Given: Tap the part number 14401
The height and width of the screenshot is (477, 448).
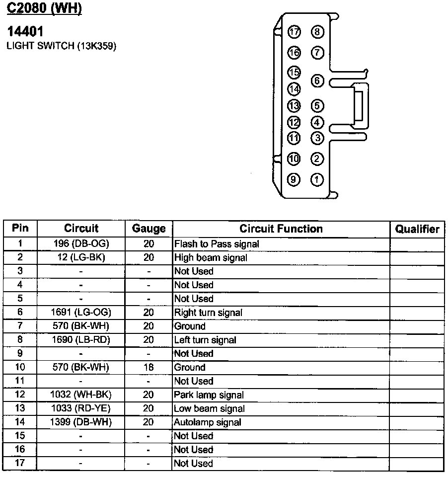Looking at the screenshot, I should [x=25, y=31].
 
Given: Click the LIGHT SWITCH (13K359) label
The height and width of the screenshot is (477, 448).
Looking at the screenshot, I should [x=62, y=46].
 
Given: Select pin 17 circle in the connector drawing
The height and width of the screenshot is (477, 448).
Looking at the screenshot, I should [x=295, y=32].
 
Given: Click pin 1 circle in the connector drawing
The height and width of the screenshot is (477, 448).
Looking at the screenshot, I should [x=317, y=179].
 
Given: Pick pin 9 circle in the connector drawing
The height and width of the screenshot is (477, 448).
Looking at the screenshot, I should [x=295, y=179].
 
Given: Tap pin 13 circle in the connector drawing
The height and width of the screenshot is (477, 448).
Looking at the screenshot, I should [x=295, y=106].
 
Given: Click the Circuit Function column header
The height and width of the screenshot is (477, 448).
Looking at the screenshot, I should [x=281, y=229].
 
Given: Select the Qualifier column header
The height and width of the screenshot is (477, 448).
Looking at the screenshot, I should [x=417, y=229].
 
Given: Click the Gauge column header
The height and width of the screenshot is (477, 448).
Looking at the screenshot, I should [x=149, y=229].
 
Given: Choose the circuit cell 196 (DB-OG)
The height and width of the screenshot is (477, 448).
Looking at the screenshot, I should [x=81, y=244].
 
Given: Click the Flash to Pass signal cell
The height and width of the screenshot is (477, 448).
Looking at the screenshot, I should [x=217, y=244].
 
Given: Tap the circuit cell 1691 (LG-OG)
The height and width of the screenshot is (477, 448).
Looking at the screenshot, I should [x=81, y=313].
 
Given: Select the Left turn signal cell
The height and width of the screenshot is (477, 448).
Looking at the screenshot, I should [x=205, y=340].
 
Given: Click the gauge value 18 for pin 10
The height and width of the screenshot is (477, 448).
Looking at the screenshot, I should [x=149, y=367].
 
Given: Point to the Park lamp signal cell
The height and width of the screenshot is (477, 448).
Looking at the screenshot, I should [x=209, y=395].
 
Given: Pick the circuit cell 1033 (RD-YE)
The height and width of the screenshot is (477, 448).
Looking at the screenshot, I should [x=81, y=408].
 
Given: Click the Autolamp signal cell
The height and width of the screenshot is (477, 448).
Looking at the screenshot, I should [x=208, y=422].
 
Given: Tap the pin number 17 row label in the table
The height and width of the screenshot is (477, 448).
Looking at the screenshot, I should [x=20, y=463].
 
